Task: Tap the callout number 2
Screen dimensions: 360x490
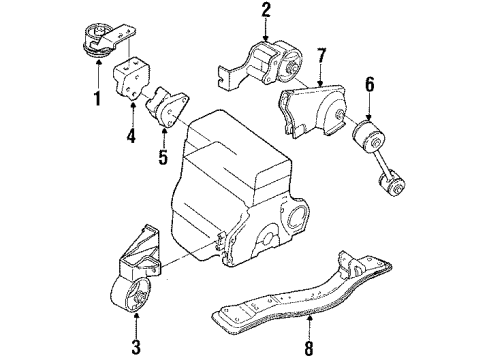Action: point(266,11)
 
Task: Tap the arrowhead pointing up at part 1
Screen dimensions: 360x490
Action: point(98,66)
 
